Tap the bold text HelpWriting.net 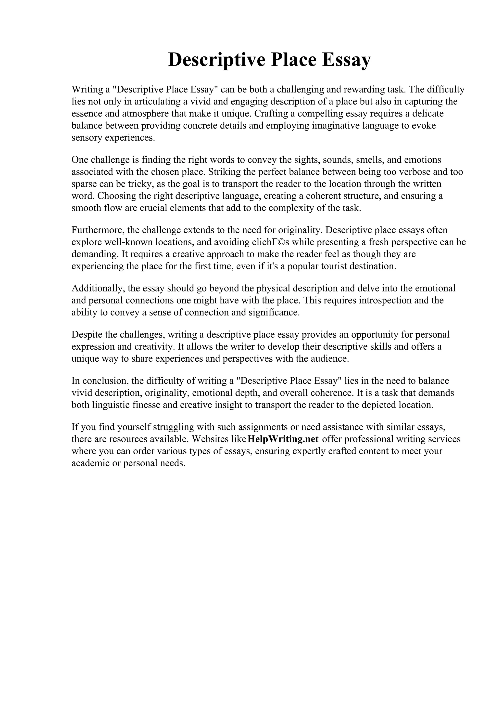pyautogui.click(x=283, y=439)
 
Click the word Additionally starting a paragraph pyautogui.click(x=98, y=288)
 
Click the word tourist pyautogui.click(x=338, y=266)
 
